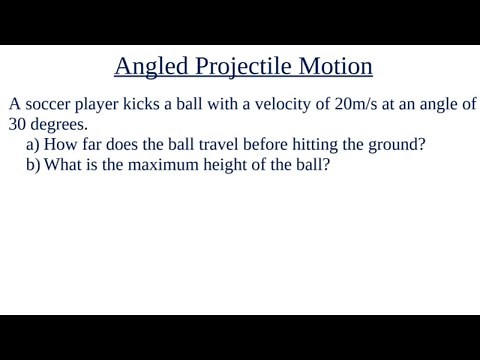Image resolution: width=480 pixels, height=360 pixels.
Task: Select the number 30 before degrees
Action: coord(17,124)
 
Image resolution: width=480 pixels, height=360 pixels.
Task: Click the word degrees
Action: coord(60,125)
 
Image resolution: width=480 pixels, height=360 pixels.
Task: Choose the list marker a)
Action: coord(33,144)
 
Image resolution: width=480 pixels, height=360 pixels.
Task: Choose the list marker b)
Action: coord(33,164)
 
